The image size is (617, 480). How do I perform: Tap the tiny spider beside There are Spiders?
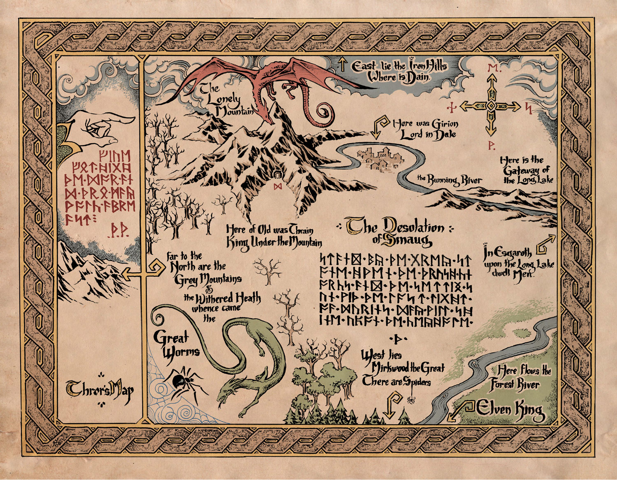(x=411, y=399)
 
